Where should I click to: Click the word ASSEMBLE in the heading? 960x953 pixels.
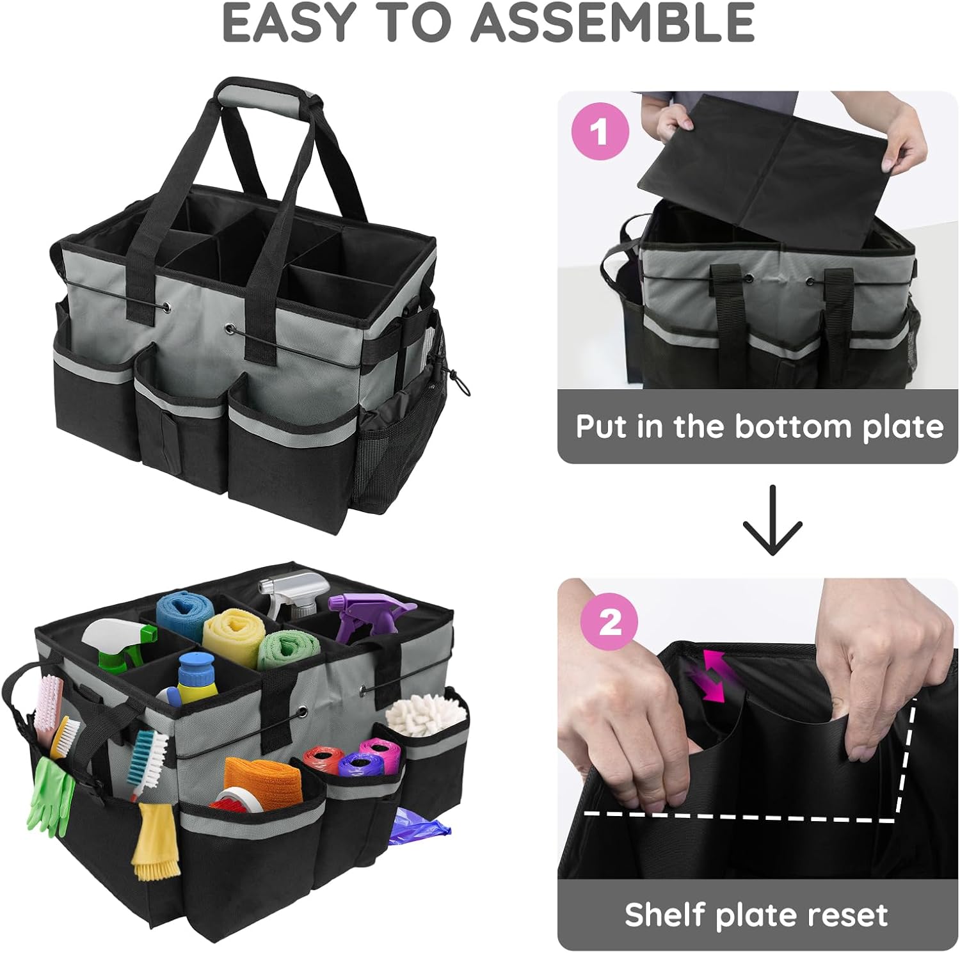pyautogui.click(x=612, y=22)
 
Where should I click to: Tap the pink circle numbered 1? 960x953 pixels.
pyautogui.click(x=600, y=132)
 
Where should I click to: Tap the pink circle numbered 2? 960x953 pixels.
pyautogui.click(x=609, y=621)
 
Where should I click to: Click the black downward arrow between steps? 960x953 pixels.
pyautogui.click(x=772, y=519)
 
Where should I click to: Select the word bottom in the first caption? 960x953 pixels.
pyautogui.click(x=793, y=427)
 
